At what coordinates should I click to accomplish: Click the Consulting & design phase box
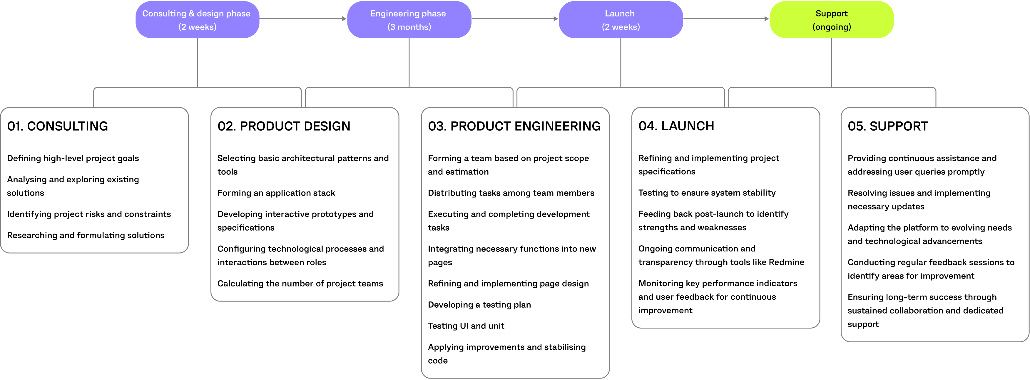pos(197,20)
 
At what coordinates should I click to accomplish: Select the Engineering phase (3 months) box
pos(409,20)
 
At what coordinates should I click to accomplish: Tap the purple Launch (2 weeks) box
pos(620,20)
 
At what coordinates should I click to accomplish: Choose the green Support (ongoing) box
pos(831,20)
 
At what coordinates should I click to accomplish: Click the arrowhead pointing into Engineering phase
pos(344,19)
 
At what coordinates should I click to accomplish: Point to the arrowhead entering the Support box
pos(767,19)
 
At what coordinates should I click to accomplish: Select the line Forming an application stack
pos(276,193)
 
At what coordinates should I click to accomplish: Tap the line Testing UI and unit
pos(466,326)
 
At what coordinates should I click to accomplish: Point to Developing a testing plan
pos(479,305)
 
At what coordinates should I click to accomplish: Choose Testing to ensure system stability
pos(707,193)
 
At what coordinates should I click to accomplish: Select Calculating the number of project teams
pos(300,284)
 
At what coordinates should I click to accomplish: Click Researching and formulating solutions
pos(86,236)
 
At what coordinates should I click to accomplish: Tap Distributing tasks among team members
pos(511,193)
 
